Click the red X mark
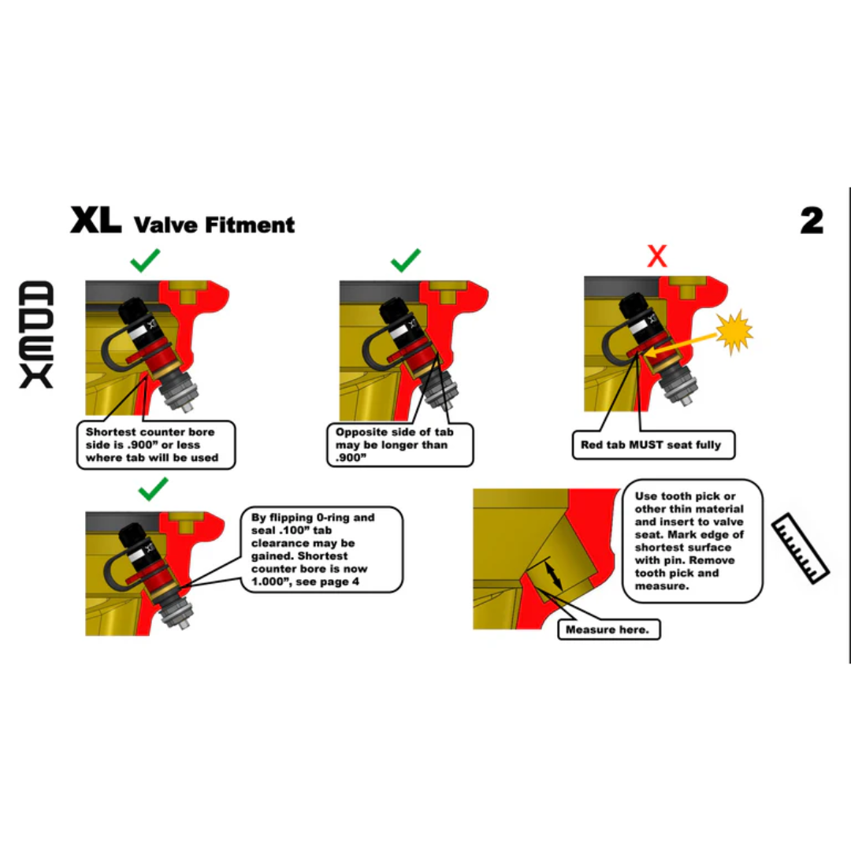656,256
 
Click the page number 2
812,221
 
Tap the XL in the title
95,221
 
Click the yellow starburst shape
734,333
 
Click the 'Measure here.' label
612,630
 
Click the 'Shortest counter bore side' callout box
155,444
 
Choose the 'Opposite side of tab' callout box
400,444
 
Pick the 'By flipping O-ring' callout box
321,550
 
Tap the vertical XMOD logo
36,334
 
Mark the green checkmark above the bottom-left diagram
153,491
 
